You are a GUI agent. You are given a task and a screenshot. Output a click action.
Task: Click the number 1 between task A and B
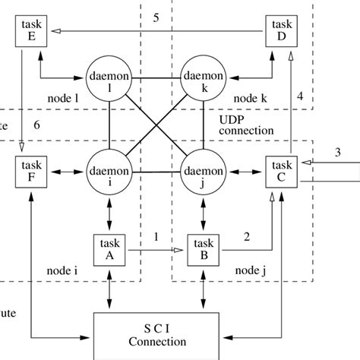pos(156,236)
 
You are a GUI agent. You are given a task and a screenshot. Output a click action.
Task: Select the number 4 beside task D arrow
pos(300,96)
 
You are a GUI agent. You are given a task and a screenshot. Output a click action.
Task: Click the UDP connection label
pos(245,125)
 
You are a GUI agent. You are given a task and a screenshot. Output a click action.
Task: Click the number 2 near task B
pos(245,236)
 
